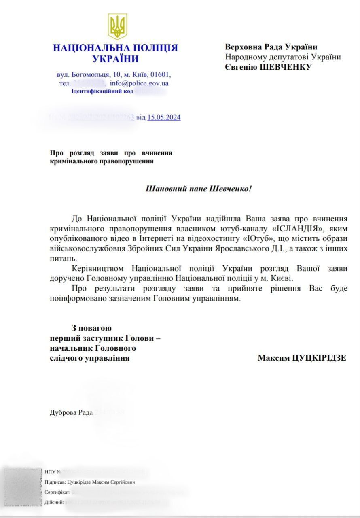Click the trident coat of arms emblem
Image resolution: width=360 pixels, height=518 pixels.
pyautogui.click(x=117, y=26)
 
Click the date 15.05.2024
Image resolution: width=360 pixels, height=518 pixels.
pyautogui.click(x=164, y=117)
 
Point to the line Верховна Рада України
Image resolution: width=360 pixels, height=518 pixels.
pyautogui.click(x=271, y=47)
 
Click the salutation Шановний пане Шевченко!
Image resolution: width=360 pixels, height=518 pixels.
pyautogui.click(x=198, y=189)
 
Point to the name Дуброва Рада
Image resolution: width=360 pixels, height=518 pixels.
pyautogui.click(x=71, y=413)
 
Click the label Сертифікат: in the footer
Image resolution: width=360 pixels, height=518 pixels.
pyautogui.click(x=57, y=493)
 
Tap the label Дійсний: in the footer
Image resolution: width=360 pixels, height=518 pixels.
pyautogui.click(x=55, y=503)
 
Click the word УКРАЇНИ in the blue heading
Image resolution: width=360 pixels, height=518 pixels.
pyautogui.click(x=115, y=59)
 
